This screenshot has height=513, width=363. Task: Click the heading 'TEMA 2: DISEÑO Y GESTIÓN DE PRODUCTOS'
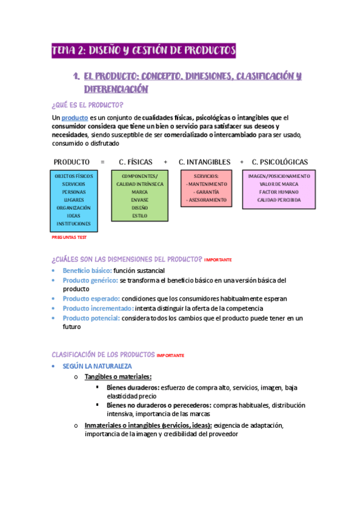143,51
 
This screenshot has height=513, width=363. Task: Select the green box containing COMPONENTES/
139,195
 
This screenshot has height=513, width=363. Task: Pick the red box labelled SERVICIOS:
207,188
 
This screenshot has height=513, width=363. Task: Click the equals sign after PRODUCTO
102,162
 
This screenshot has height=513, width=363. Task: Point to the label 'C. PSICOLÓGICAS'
280,162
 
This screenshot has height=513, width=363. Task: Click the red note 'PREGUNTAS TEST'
69,238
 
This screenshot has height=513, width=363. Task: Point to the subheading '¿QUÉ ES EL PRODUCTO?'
88,105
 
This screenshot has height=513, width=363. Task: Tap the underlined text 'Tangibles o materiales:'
118,377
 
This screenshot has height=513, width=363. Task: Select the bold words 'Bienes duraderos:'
133,387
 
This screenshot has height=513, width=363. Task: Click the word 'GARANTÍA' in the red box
207,191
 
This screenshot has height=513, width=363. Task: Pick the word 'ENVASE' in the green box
139,200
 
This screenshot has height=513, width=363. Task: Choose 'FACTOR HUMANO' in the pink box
279,191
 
